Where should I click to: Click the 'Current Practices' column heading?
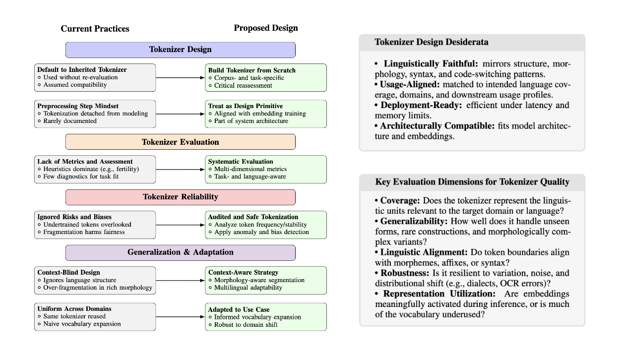pyautogui.click(x=95, y=29)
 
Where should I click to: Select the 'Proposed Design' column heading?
pyautogui.click(x=266, y=28)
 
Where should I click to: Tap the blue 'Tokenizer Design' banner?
pyautogui.click(x=180, y=50)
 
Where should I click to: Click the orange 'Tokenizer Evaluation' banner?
pyautogui.click(x=180, y=142)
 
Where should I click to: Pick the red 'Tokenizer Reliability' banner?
pyautogui.click(x=180, y=197)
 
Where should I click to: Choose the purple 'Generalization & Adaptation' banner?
pyautogui.click(x=180, y=252)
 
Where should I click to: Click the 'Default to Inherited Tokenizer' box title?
pyautogui.click(x=82, y=70)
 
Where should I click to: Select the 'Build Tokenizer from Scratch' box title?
pyautogui.click(x=251, y=70)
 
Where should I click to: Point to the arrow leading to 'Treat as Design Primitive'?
pyautogui.click(x=181, y=114)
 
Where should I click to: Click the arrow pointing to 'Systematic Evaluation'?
pyautogui.click(x=181, y=170)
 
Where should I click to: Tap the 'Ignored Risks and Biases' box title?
pyautogui.click(x=74, y=217)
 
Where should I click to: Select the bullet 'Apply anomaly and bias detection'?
pyautogui.click(x=261, y=232)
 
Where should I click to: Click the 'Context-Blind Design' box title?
pyautogui.click(x=68, y=272)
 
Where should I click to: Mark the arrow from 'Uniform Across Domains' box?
pyautogui.click(x=181, y=317)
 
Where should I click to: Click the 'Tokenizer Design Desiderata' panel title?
pyautogui.click(x=431, y=42)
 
